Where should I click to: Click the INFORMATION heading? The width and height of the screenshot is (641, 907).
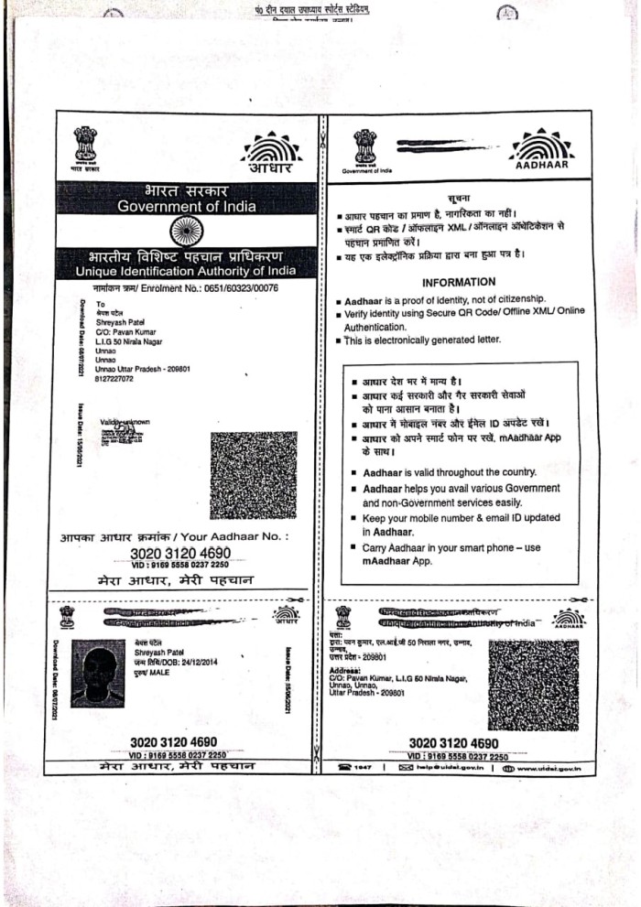click(459, 282)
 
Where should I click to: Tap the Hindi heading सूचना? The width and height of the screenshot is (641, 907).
click(459, 197)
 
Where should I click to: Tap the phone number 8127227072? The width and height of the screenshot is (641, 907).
click(114, 378)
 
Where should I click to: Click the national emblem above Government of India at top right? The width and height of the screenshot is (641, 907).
click(365, 146)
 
